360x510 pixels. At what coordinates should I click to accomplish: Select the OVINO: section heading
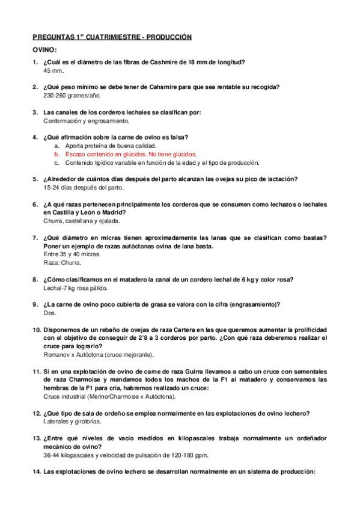pyautogui.click(x=44, y=49)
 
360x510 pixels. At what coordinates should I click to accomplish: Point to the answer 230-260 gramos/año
pyautogui.click(x=72, y=96)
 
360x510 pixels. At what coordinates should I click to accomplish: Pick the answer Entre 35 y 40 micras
pyautogui.click(x=72, y=254)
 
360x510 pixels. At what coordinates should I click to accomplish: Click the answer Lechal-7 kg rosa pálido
pyautogui.click(x=78, y=288)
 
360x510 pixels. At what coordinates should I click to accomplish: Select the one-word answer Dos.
pyautogui.click(x=50, y=313)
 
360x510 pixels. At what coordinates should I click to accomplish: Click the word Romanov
pyautogui.click(x=57, y=355)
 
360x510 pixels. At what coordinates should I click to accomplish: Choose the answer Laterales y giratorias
pyautogui.click(x=74, y=422)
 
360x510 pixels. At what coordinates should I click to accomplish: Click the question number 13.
pyautogui.click(x=36, y=438)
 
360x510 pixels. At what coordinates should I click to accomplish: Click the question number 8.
pyautogui.click(x=36, y=280)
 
